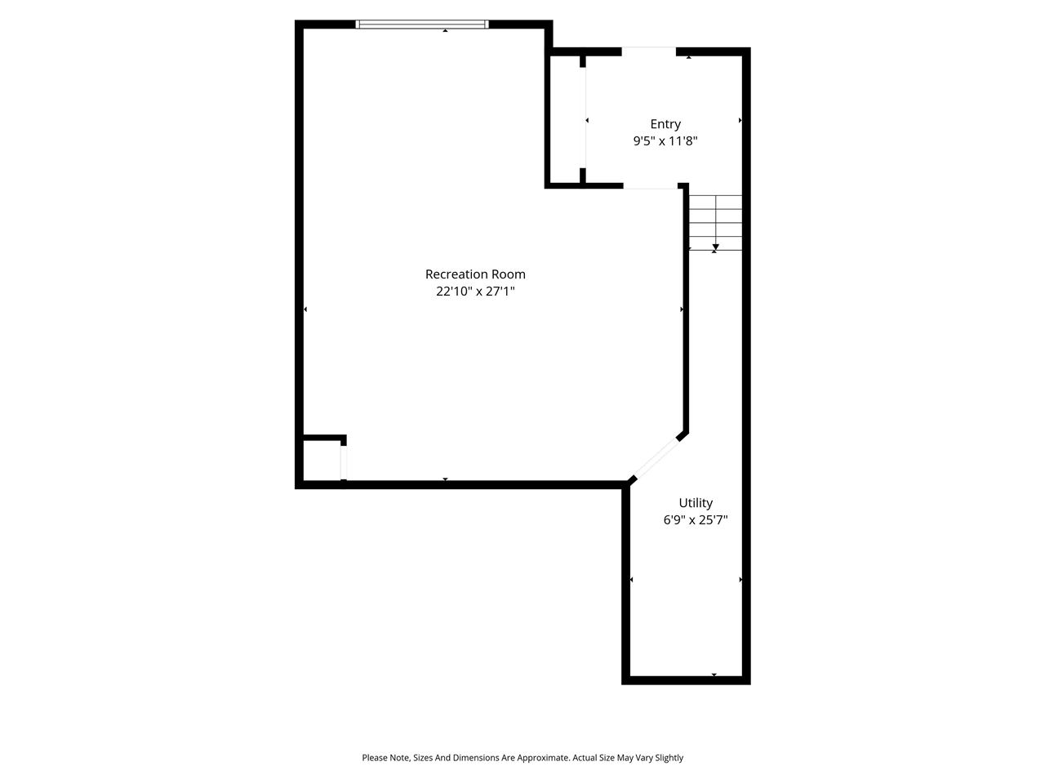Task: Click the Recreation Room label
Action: pos(475,274)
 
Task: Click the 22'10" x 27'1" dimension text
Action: pos(475,291)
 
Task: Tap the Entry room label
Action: pos(665,124)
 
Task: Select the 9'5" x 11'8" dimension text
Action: pos(665,141)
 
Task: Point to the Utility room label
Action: pos(696,503)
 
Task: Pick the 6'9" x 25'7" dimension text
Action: pos(696,520)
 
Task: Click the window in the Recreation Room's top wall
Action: pos(422,24)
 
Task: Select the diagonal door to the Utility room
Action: pos(656,459)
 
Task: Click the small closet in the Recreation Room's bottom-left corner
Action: pos(322,461)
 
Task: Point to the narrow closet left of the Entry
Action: pos(566,119)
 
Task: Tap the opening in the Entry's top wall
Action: pos(649,52)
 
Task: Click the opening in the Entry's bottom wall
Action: pos(651,187)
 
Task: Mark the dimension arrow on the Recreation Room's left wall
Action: pos(305,310)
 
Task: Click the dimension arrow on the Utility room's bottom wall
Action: pos(714,675)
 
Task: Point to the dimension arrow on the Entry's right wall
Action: pos(740,121)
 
